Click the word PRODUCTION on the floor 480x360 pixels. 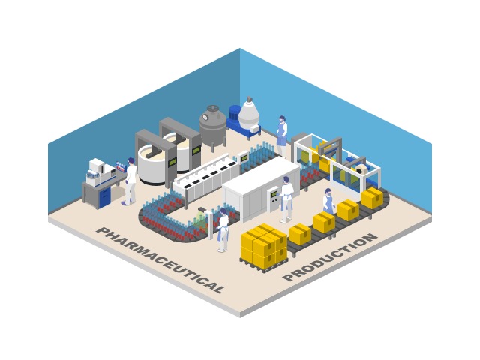(x=330, y=257)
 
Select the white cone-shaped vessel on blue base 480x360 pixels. (x=249, y=116)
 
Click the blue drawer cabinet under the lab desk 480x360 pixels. (x=104, y=196)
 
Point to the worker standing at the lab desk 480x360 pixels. (x=130, y=181)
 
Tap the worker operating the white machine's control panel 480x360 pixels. (x=286, y=198)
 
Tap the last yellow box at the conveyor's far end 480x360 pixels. (x=373, y=197)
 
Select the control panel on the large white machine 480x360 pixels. (x=274, y=196)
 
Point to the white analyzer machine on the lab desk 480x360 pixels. (x=97, y=169)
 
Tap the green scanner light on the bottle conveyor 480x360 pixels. (x=199, y=220)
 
